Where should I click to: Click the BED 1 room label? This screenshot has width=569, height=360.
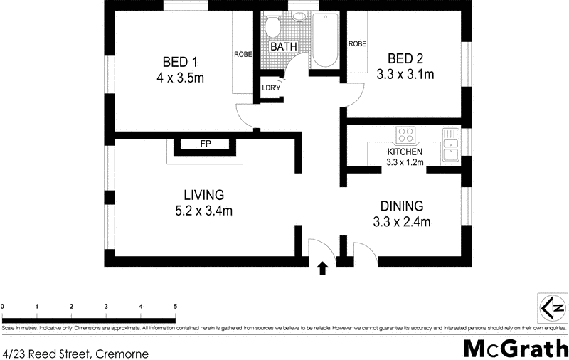(175, 61)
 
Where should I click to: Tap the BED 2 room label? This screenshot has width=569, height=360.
(404, 58)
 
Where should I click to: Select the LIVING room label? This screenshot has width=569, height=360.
(203, 194)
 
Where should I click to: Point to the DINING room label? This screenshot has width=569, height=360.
(403, 206)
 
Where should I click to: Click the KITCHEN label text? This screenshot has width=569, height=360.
(405, 152)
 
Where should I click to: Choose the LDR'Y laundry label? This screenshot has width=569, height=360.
(271, 88)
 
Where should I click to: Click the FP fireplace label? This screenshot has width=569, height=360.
(206, 144)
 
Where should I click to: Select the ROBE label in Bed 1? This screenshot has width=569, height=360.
(243, 54)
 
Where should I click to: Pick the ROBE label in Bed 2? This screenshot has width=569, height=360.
(357, 44)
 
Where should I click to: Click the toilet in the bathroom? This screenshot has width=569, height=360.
(271, 27)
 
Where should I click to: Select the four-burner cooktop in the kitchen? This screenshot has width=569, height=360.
(407, 134)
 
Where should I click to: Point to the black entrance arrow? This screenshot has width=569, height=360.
(322, 268)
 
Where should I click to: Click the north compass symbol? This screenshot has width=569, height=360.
(552, 308)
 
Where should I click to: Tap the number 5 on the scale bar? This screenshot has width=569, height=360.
(175, 306)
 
